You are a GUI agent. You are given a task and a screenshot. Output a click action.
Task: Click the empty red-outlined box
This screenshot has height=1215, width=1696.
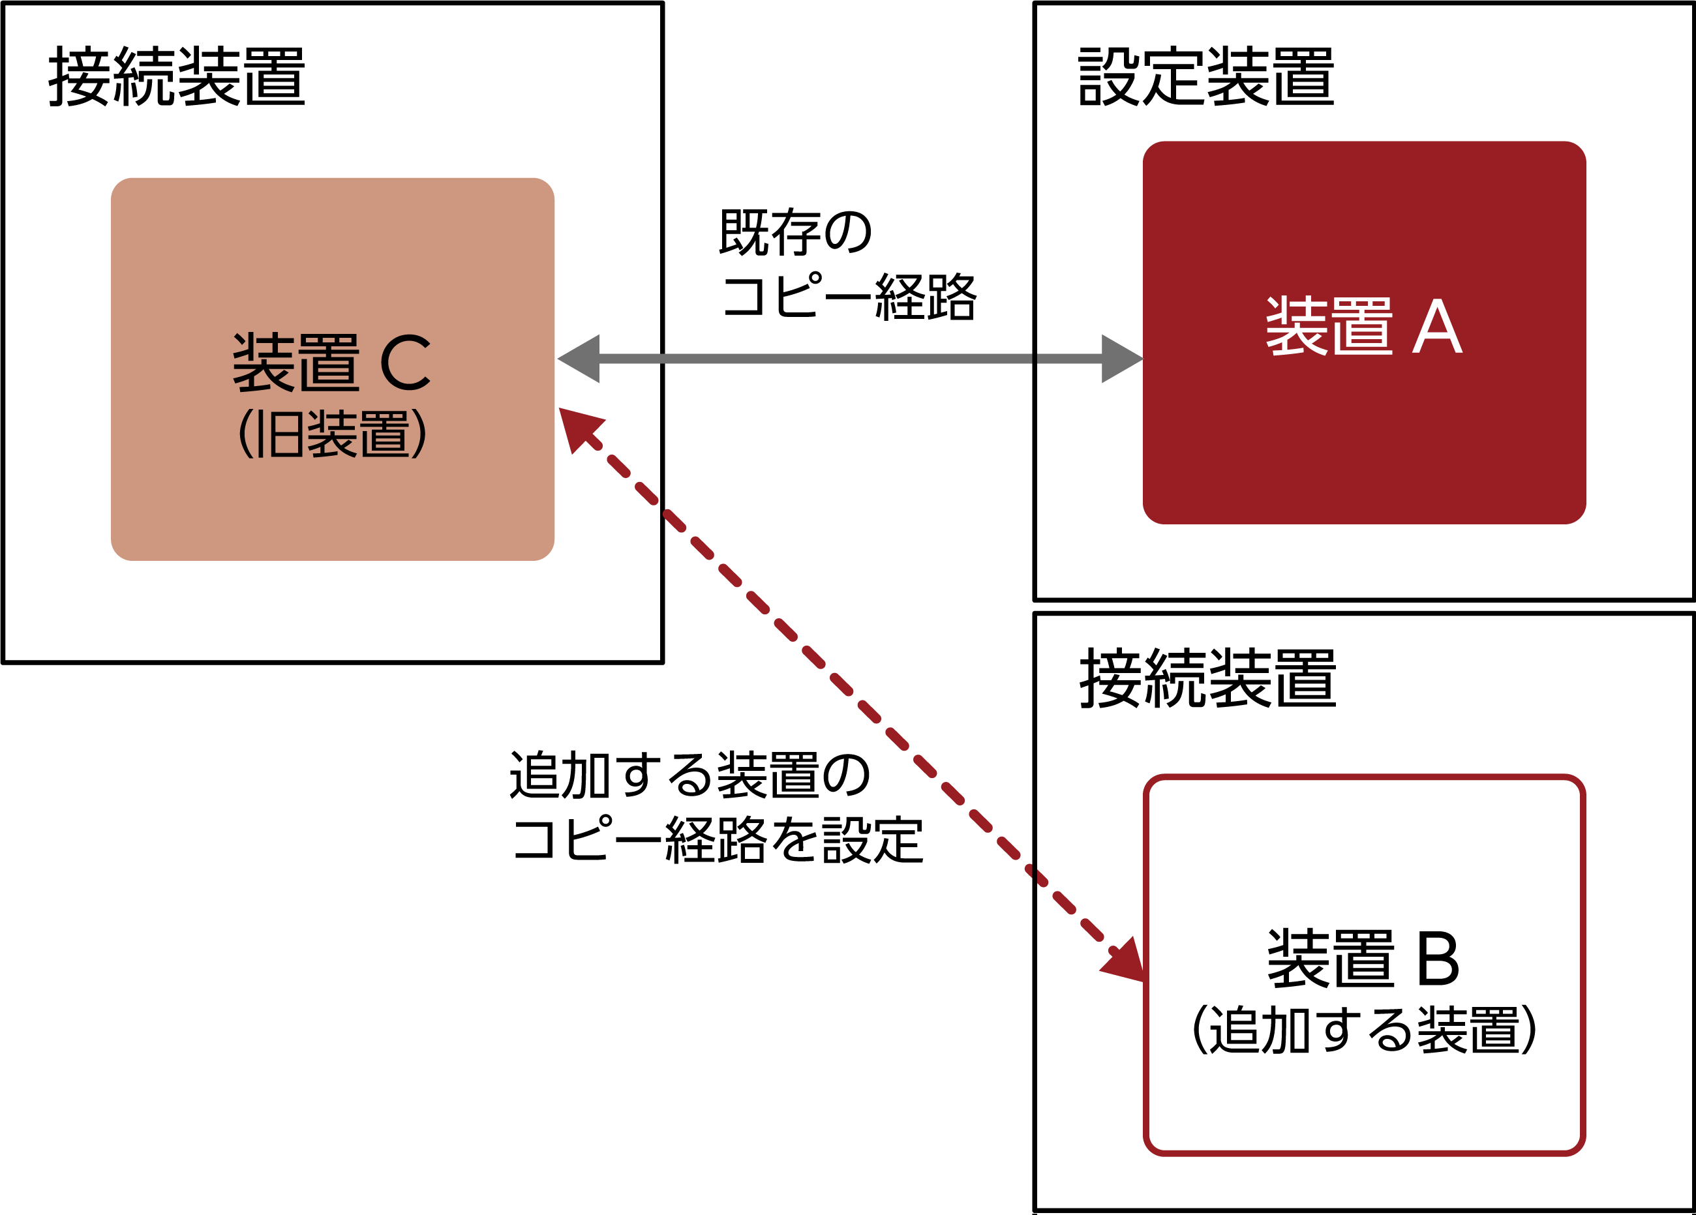pyautogui.click(x=1364, y=965)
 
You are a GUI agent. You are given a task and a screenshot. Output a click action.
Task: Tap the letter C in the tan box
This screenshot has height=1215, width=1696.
pyautogui.click(x=405, y=363)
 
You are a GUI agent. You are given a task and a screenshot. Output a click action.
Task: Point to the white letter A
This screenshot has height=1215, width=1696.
pyautogui.click(x=1437, y=327)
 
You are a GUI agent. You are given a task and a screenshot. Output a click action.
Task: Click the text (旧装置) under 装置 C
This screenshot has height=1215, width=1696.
pyautogui.click(x=332, y=434)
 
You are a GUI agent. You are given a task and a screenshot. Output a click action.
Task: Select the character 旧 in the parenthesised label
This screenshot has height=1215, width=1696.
pyautogui.click(x=280, y=434)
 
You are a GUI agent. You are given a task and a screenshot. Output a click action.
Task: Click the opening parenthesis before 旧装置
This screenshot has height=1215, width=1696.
pyautogui.click(x=244, y=434)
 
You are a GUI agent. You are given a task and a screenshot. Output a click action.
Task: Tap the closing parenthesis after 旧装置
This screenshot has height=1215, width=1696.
pyautogui.click(x=419, y=434)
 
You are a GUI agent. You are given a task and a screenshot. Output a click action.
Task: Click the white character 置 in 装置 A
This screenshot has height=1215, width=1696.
pyautogui.click(x=1363, y=327)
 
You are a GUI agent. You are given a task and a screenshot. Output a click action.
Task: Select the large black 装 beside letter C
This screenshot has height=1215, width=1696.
pyautogui.click(x=264, y=363)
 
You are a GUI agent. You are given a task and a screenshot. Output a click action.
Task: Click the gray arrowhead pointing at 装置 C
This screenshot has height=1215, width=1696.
pyautogui.click(x=582, y=359)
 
